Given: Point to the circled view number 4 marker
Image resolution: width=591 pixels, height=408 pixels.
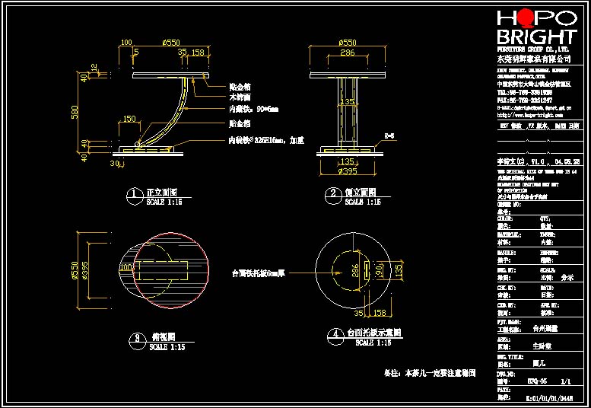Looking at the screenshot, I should click(333, 333).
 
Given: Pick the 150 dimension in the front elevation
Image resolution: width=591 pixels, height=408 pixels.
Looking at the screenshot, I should click(129, 119).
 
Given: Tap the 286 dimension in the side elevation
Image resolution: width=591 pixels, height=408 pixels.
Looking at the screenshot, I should click(347, 54).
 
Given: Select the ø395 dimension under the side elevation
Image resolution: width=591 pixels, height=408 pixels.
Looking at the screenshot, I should click(347, 171).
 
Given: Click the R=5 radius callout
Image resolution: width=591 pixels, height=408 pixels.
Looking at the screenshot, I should click(389, 135).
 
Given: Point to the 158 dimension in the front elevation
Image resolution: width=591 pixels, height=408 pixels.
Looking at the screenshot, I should click(199, 53).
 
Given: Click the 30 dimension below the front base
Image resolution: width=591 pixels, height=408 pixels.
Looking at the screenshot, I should click(115, 163).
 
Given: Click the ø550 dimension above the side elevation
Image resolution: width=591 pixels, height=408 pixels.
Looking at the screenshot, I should click(347, 43).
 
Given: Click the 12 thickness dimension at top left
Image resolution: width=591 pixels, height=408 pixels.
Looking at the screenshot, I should click(93, 69).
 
